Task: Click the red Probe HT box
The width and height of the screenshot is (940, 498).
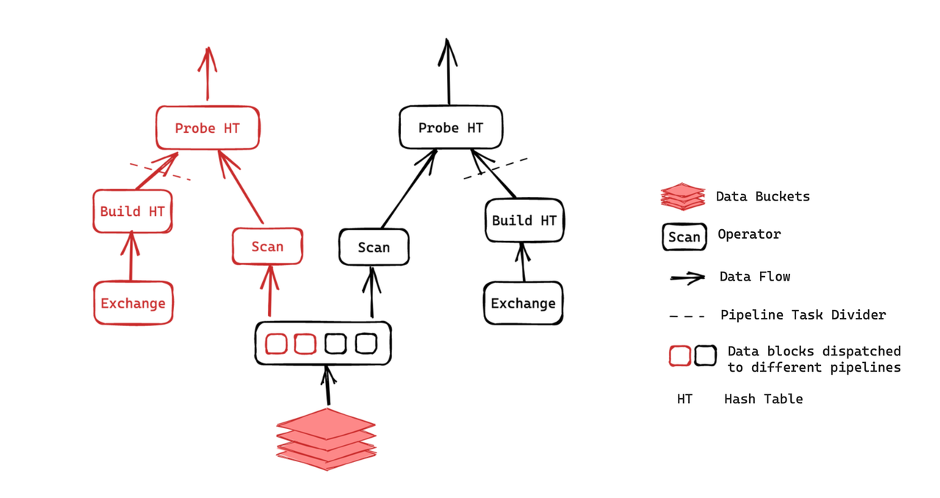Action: point(207,128)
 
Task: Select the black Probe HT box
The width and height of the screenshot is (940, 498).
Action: point(451,128)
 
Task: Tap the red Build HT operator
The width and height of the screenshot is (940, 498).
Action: point(132,212)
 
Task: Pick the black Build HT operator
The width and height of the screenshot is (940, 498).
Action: point(524,220)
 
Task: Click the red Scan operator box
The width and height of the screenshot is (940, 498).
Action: point(267,246)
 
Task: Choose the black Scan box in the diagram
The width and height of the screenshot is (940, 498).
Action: point(374,248)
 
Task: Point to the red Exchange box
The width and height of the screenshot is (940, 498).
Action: point(133,303)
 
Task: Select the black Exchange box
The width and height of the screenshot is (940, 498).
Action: point(523,303)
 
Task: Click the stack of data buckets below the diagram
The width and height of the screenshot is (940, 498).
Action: point(326,439)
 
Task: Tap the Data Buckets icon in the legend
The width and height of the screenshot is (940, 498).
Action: point(682,196)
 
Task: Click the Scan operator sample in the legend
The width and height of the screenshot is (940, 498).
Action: point(684,237)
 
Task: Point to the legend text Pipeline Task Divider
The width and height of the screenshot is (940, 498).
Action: point(803,315)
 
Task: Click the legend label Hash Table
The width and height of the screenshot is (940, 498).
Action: point(763,400)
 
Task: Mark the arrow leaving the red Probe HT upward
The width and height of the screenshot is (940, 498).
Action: point(207,73)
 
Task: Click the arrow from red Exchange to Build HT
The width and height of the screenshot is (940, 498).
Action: point(131,257)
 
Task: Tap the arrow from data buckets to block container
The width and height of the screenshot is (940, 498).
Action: point(328,386)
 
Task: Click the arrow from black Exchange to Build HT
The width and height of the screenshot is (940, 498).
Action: point(523,262)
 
